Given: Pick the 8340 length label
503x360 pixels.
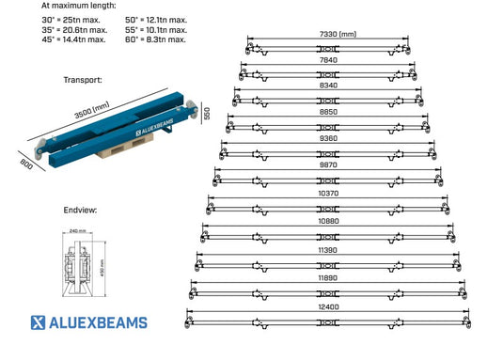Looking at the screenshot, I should click(x=328, y=85).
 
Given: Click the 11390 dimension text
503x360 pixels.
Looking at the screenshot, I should click(x=328, y=251).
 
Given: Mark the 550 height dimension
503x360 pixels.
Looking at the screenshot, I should click(x=204, y=115).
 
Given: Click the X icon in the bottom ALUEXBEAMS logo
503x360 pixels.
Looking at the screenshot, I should click(x=39, y=323).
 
